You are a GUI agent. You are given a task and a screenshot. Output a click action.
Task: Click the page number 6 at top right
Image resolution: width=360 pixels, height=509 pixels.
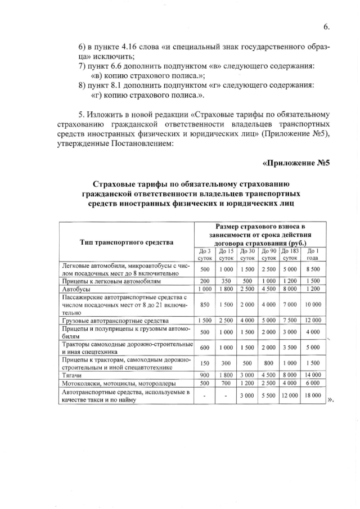(x=326, y=26)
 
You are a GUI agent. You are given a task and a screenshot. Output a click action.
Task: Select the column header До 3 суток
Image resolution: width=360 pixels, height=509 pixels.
(x=205, y=254)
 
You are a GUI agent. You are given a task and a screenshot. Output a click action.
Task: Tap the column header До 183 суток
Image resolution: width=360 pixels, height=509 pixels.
(x=290, y=254)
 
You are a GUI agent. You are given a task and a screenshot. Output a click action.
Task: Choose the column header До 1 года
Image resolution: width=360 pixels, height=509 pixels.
(x=313, y=254)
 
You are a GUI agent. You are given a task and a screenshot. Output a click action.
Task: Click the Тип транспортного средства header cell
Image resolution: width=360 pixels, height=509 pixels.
(x=127, y=242)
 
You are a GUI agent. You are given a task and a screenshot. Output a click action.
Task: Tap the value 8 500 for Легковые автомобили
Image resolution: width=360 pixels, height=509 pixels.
(x=313, y=269)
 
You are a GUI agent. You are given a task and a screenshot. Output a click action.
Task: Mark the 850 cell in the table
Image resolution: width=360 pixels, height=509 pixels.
(x=205, y=304)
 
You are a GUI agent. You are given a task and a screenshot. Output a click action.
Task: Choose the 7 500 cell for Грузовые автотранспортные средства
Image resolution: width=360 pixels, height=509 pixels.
(x=290, y=320)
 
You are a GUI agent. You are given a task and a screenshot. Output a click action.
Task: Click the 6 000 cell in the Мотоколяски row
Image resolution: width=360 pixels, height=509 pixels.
(x=313, y=382)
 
